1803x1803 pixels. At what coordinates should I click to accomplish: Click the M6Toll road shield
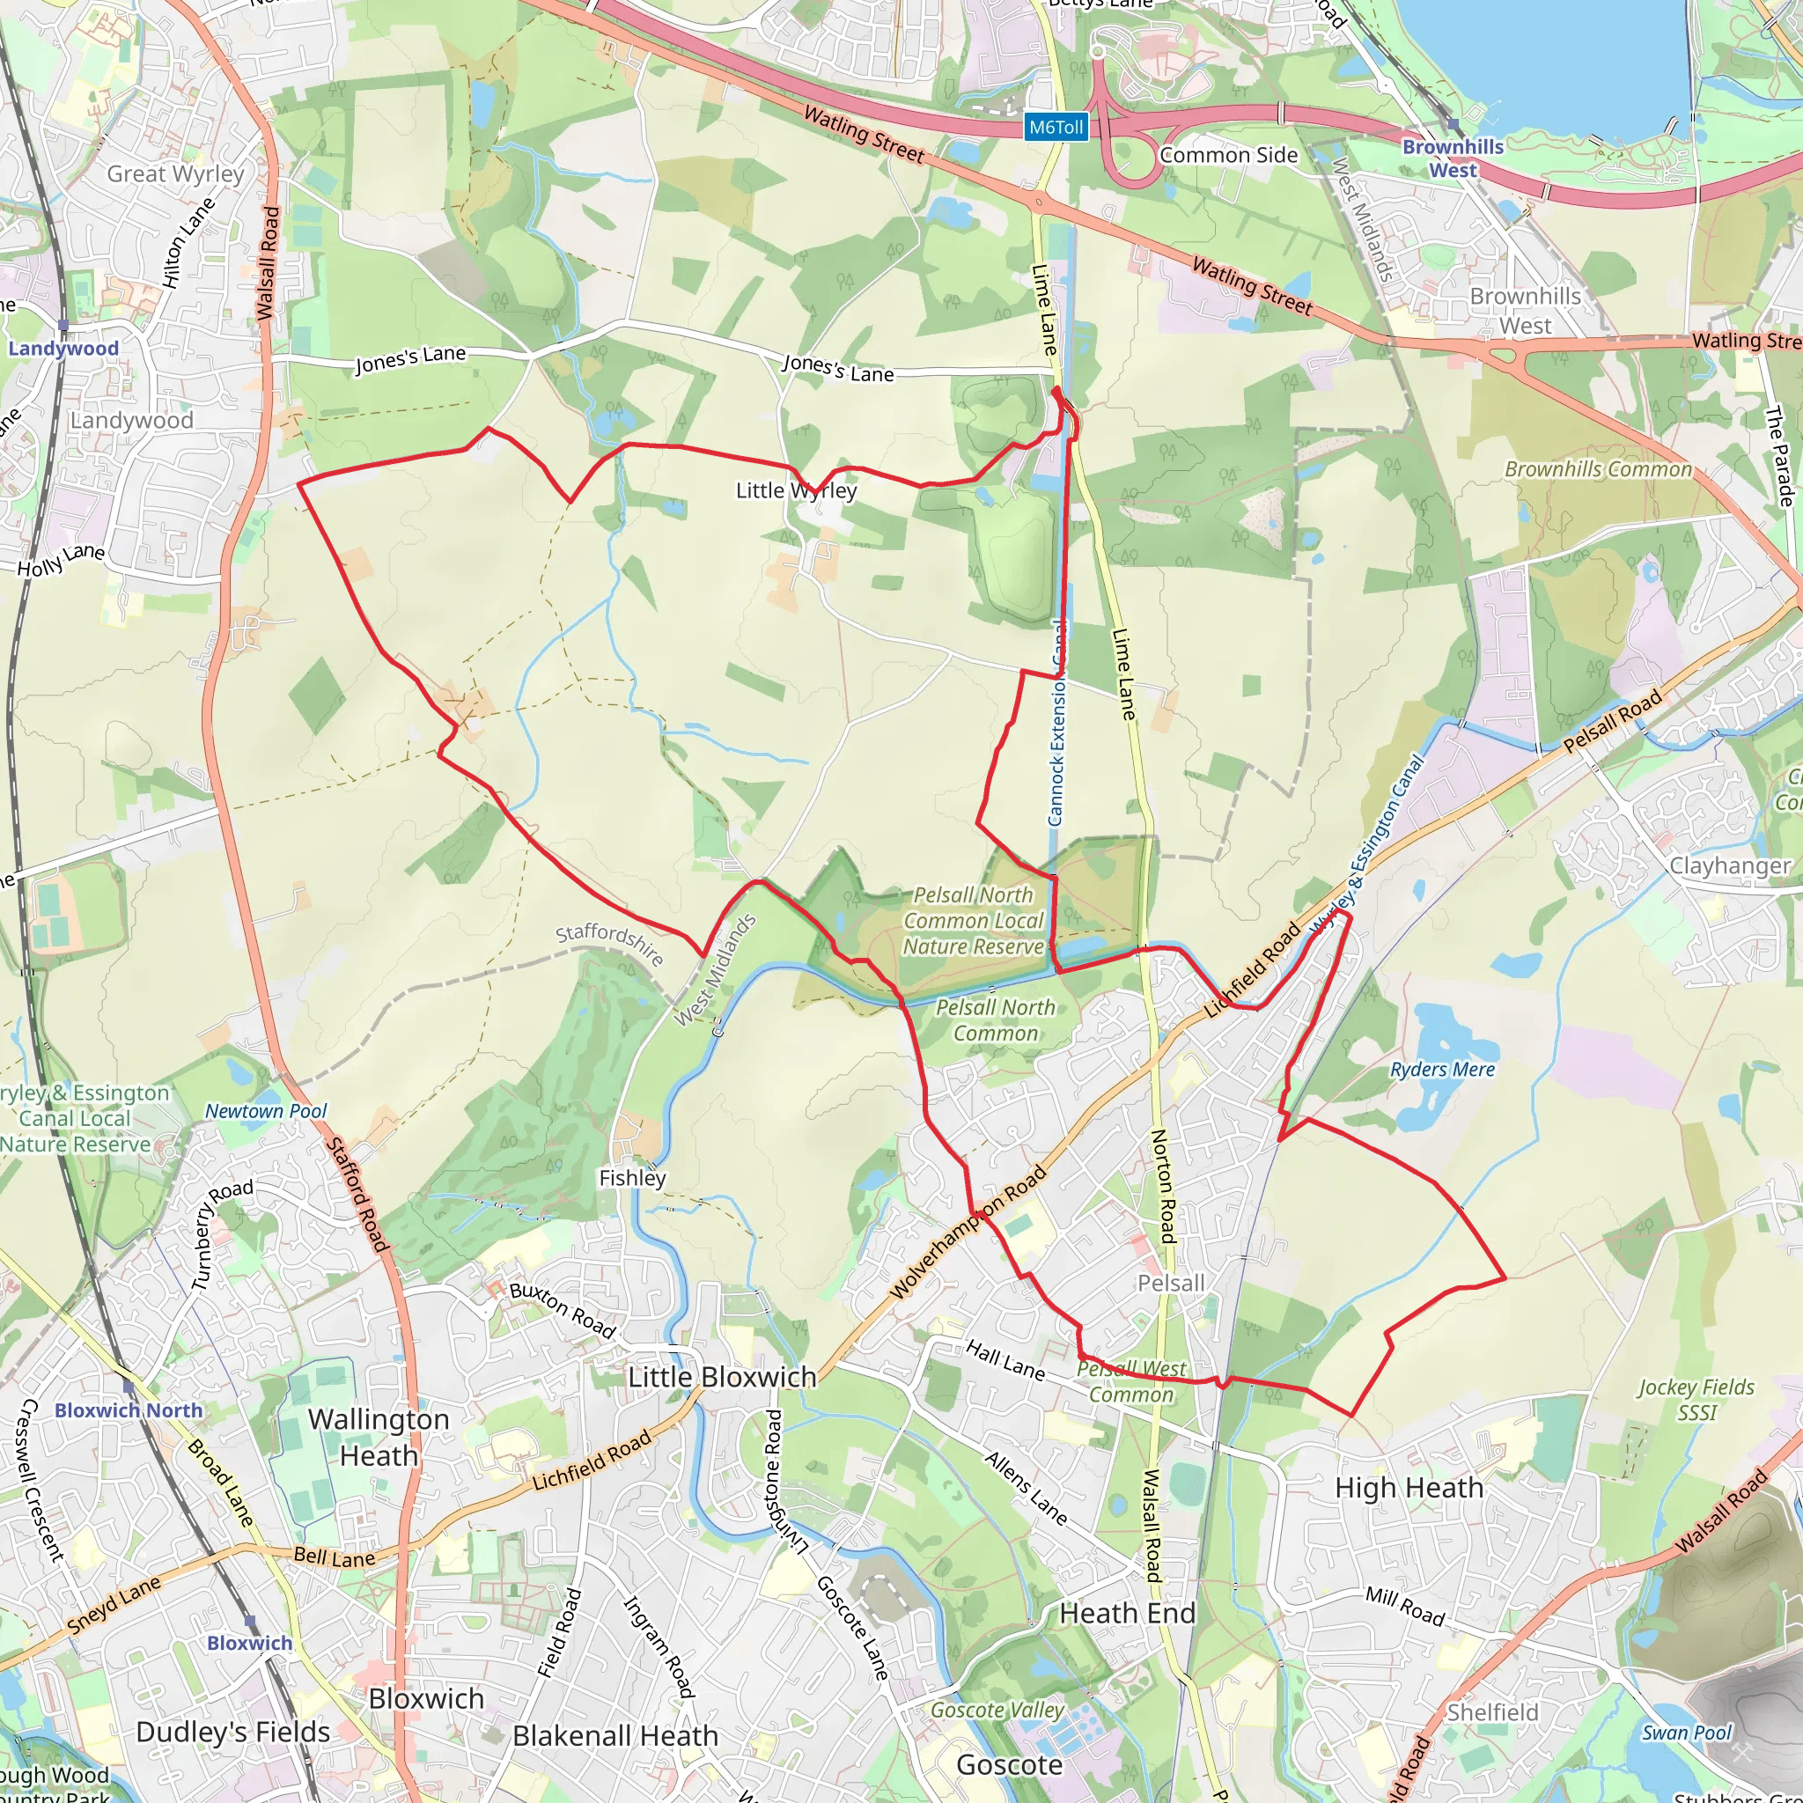coord(1056,127)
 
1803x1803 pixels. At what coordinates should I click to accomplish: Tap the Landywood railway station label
coord(63,348)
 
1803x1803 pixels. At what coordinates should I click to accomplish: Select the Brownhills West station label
coord(1453,158)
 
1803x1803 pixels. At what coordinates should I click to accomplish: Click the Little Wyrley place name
coord(796,491)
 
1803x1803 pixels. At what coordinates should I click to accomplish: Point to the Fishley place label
coord(632,1178)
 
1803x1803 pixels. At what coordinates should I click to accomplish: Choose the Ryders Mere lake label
coord(1442,1070)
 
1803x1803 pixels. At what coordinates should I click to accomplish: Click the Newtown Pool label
coord(266,1110)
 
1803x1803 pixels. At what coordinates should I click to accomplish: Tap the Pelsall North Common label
coord(995,1020)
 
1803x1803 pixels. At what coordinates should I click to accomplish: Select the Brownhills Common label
coord(1598,469)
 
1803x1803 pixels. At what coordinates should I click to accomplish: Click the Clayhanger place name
coord(1730,865)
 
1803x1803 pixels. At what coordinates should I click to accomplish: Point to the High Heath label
coord(1409,1488)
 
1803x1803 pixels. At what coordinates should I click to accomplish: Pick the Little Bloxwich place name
coord(721,1377)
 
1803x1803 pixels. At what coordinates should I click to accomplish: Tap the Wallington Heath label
coord(379,1437)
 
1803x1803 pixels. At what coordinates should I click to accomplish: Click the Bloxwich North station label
coord(129,1410)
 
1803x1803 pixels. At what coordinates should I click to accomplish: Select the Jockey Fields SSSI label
coord(1696,1400)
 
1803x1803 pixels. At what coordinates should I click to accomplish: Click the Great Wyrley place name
coord(175,173)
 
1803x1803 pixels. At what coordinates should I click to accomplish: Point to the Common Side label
coord(1228,155)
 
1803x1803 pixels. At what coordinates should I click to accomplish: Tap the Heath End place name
coord(1128,1613)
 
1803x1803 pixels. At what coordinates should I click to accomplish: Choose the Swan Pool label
coord(1685,1733)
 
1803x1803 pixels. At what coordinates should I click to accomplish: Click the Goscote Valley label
coord(997,1710)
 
